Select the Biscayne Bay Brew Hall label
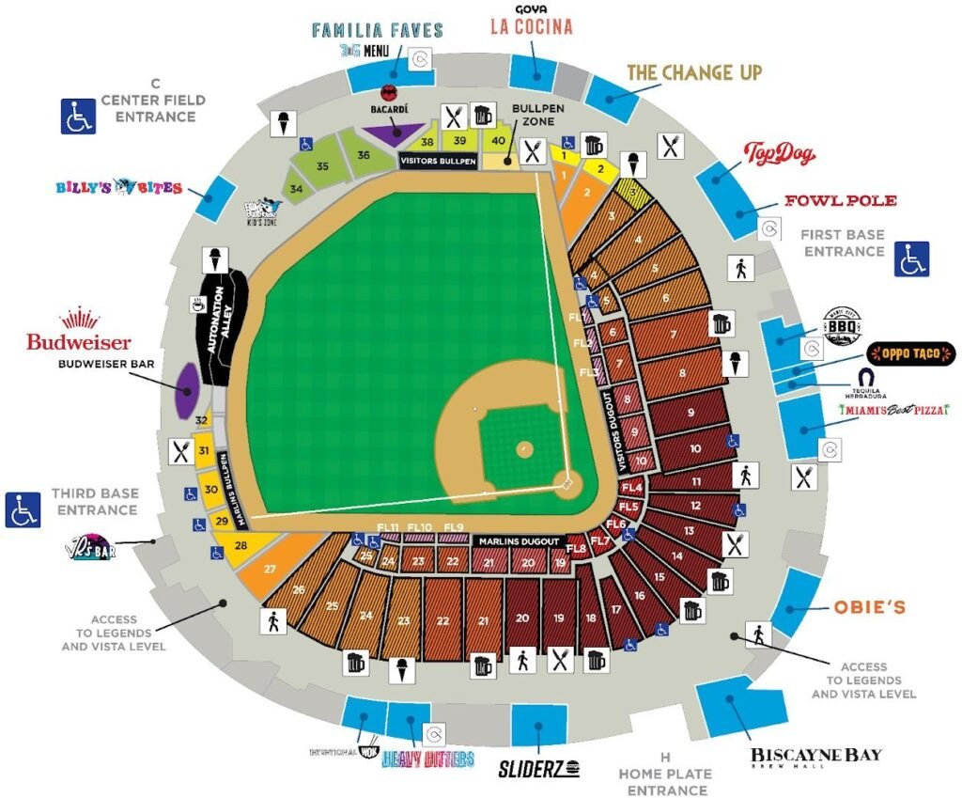coord(815,758)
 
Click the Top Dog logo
coord(779,154)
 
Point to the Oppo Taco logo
coord(910,354)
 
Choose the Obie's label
coord(869,607)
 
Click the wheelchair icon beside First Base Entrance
coord(910,258)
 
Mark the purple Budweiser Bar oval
coord(186,390)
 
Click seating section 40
coord(497,140)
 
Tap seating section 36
coord(363,155)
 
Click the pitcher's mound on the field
coord(524,448)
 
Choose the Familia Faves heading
coord(377,30)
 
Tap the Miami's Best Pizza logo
coord(893,410)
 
